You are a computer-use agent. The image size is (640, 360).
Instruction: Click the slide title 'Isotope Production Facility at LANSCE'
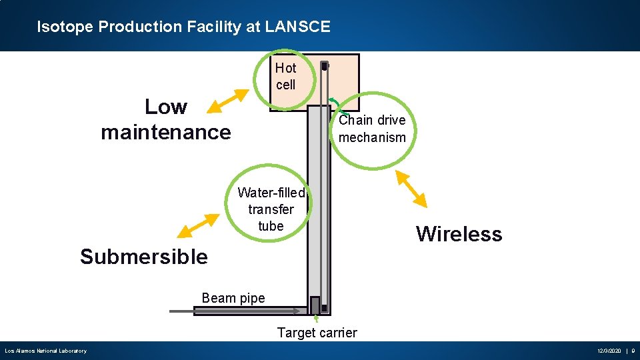coord(183,27)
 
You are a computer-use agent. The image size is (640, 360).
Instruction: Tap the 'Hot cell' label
coord(285,76)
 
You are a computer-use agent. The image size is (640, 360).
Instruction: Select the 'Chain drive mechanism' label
coord(372,129)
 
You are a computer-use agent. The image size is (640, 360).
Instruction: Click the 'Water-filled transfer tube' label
coord(271,209)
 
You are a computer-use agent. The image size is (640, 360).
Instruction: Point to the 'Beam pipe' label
coord(233,298)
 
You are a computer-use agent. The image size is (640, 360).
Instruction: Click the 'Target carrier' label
coord(317,333)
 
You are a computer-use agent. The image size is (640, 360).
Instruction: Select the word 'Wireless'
coord(459,234)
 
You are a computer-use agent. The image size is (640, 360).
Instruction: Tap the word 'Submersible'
coord(143,257)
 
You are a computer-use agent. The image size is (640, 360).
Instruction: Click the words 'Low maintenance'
coord(166,119)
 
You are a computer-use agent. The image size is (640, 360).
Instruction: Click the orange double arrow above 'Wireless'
coord(411,189)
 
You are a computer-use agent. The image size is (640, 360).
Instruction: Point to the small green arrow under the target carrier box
coord(316,319)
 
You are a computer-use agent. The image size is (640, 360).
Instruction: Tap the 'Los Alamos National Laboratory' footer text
coord(45,351)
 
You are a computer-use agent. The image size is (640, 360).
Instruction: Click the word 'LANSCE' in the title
coord(297,27)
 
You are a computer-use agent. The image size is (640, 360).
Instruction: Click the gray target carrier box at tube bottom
coord(315,305)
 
